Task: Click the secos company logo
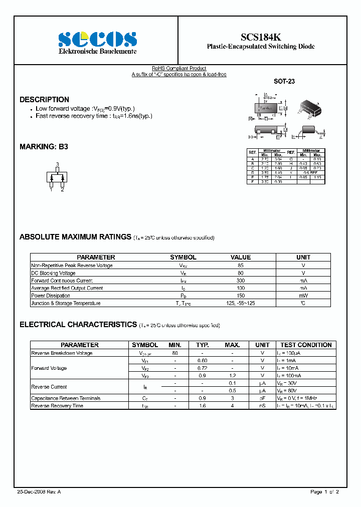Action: pyautogui.click(x=97, y=39)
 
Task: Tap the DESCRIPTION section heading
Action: pyautogui.click(x=44, y=99)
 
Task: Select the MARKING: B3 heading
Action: pyautogui.click(x=43, y=147)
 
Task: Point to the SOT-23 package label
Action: pyautogui.click(x=284, y=81)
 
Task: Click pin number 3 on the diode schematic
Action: pyautogui.click(x=57, y=164)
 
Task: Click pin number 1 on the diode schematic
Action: pyautogui.click(x=51, y=190)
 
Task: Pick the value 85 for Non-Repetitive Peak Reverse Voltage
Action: pyautogui.click(x=241, y=266)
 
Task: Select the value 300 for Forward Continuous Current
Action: pyautogui.click(x=241, y=281)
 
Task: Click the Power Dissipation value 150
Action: pyautogui.click(x=241, y=296)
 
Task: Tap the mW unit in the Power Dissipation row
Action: pyautogui.click(x=303, y=296)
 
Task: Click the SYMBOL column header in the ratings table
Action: pyautogui.click(x=183, y=257)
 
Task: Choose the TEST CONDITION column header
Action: pyautogui.click(x=306, y=345)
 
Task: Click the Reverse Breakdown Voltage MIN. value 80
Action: pyautogui.click(x=175, y=353)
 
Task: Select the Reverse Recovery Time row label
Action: pyautogui.click(x=57, y=406)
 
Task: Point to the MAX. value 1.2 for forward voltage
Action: pyautogui.click(x=232, y=375)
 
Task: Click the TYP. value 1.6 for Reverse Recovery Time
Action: pyautogui.click(x=202, y=406)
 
